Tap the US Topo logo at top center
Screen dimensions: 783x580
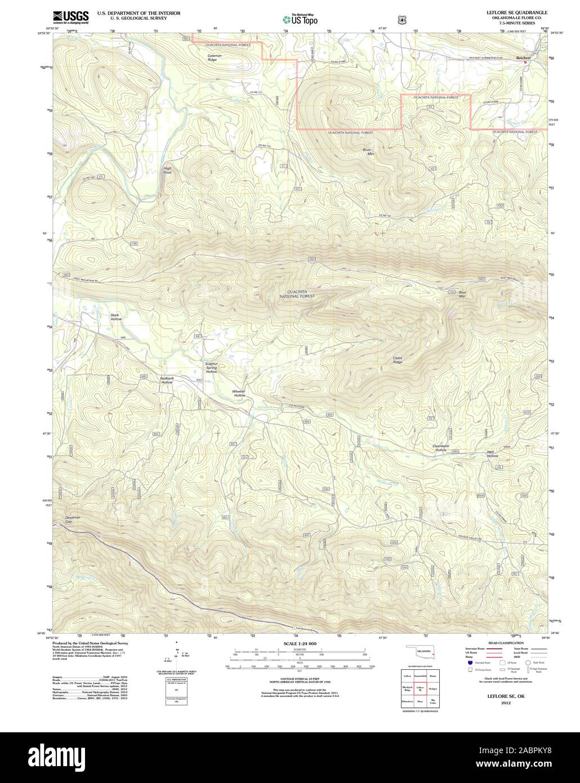pos(301,20)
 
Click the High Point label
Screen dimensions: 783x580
pos(167,170)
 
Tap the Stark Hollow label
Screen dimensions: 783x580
pos(116,317)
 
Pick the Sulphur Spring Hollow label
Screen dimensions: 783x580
pos(211,368)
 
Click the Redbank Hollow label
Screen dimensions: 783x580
pos(167,380)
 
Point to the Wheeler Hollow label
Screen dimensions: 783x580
pos(239,393)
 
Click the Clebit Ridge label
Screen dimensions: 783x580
pos(398,360)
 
